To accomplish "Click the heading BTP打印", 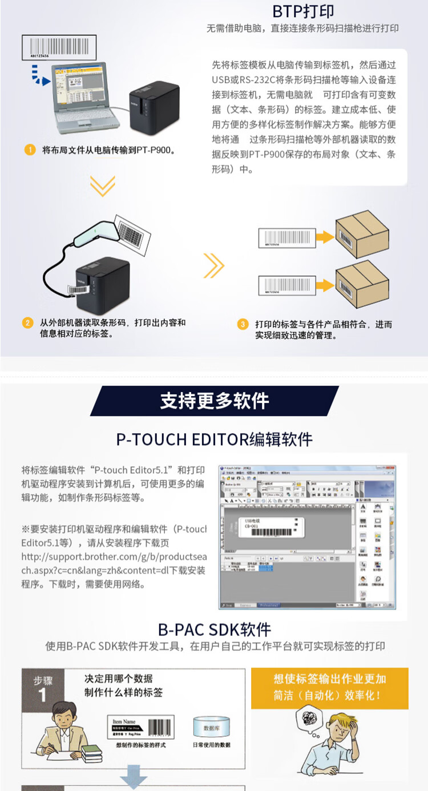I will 302,11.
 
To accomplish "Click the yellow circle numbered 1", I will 30,150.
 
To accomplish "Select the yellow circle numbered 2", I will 27,323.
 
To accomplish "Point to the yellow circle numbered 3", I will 243,324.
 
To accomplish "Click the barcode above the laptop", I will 59,47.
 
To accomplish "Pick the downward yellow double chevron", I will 103,185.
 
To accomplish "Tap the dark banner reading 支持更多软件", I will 214,401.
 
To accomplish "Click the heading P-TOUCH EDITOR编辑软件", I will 214,439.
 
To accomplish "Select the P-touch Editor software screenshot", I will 307,537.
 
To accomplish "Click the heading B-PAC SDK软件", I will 214,629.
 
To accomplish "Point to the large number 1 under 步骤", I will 42,695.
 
